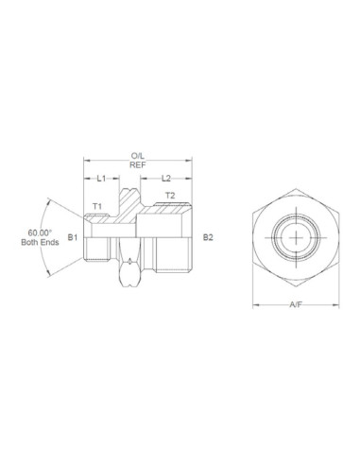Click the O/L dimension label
tap(139, 155)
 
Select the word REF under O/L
tap(139, 165)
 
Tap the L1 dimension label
tap(103, 178)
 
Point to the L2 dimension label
tap(166, 178)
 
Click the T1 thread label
tap(97, 206)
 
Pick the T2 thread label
tap(170, 196)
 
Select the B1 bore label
tap(72, 238)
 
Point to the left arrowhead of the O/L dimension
tap(86, 160)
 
